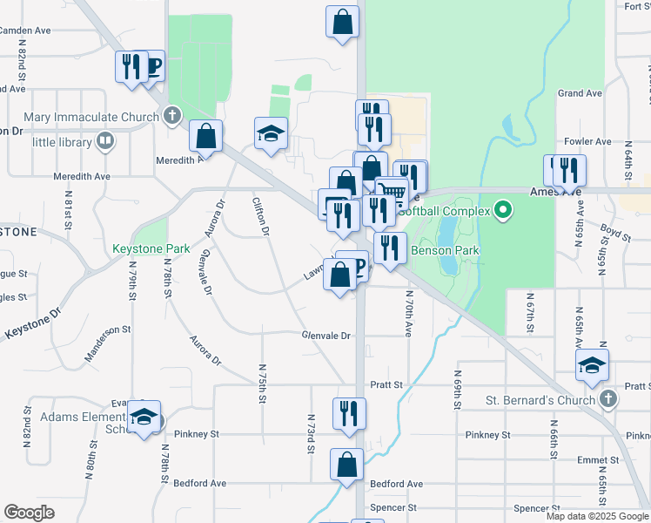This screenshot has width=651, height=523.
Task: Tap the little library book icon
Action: coord(104,140)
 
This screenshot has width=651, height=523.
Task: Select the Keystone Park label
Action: coord(151,248)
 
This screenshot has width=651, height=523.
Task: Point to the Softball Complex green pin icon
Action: coord(502,209)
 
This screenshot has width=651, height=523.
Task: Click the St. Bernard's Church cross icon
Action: coord(608,400)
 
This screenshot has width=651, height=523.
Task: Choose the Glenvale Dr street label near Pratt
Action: coord(325,336)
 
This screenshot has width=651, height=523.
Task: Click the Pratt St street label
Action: coord(386,384)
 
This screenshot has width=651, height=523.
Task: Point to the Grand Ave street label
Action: coord(581,93)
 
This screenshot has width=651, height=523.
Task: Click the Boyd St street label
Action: coord(614,231)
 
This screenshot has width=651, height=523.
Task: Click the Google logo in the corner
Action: coord(30,512)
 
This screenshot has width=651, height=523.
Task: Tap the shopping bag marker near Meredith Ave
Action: coord(205,135)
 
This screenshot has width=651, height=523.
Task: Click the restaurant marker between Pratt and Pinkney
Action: coord(349,413)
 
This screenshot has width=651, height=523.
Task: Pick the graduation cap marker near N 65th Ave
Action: coord(592,365)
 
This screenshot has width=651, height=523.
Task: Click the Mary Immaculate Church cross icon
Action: coord(172,115)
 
